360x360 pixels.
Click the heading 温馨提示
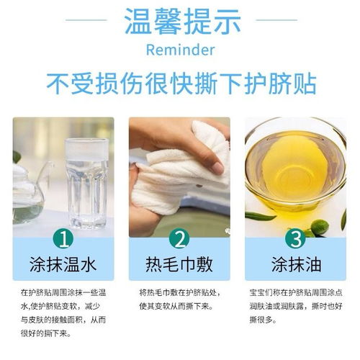coord(180,22)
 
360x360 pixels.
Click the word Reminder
coord(179,52)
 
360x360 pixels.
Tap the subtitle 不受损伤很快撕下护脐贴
coord(180,83)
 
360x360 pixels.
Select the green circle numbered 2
coord(179,238)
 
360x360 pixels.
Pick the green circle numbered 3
coord(295,238)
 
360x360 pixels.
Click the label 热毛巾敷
coord(179,265)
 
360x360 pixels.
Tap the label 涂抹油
coord(295,265)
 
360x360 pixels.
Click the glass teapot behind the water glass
coord(29,187)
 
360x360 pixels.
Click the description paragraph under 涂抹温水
coord(63,314)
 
